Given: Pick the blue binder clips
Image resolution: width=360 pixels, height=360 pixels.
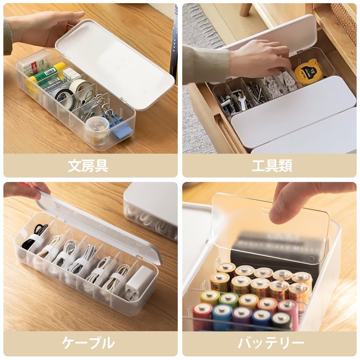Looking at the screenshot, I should tap(121, 130).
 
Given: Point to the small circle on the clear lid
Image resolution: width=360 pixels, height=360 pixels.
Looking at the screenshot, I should tap(311, 259).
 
